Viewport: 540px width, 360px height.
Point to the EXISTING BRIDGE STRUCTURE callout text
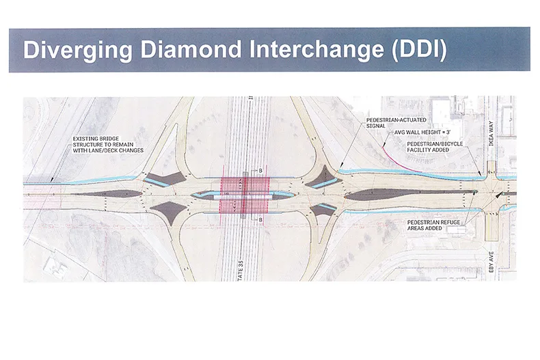pyautogui.click(x=109, y=145)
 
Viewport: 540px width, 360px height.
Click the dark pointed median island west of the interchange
pyautogui.click(x=124, y=193)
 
